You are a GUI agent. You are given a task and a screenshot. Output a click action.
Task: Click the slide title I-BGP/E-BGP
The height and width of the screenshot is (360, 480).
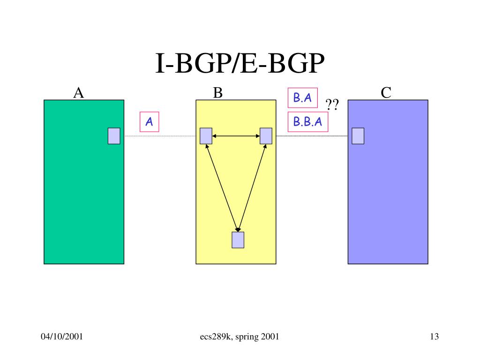pos(240,64)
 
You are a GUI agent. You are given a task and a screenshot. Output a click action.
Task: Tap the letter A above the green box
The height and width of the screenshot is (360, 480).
pos(78,93)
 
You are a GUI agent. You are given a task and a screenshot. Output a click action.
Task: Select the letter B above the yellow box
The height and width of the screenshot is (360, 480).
pos(217,93)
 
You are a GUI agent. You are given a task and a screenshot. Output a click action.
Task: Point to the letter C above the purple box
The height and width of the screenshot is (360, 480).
pos(386,93)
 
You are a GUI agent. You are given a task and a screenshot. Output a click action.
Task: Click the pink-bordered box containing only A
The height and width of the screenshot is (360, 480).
pos(150,122)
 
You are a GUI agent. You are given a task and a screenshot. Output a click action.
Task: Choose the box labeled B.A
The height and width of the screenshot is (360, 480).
pos(302,97)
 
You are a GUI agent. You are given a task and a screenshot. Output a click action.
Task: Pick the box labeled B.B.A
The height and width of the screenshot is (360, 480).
pos(307,122)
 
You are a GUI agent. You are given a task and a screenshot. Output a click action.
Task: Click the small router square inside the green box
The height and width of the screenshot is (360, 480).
pos(114,136)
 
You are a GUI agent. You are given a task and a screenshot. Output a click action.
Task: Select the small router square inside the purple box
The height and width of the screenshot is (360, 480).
pos(358,136)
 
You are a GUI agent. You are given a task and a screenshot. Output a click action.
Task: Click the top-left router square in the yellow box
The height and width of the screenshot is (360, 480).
pos(206,136)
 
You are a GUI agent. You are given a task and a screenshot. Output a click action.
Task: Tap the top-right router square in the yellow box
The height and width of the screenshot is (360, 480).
pos(266,136)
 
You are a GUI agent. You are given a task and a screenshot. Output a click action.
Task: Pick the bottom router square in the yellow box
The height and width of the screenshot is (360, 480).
pos(238,239)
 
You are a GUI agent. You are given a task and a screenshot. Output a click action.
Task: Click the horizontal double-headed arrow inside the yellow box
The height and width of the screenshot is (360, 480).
pos(236,136)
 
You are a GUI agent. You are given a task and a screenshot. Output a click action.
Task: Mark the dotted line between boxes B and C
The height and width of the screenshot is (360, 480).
pos(312,136)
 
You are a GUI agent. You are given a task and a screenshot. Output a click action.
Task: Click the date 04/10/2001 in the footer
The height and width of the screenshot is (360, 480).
pos(62,337)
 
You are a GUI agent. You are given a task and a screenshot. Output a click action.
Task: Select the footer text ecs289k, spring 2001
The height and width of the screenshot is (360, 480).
pos(239,337)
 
